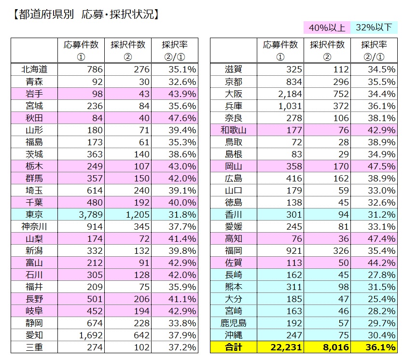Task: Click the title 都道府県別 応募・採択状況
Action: tap(84, 14)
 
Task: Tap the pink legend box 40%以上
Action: tap(327, 28)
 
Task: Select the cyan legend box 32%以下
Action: tap(374, 28)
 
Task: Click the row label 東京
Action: tap(34, 214)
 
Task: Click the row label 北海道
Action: tap(34, 69)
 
